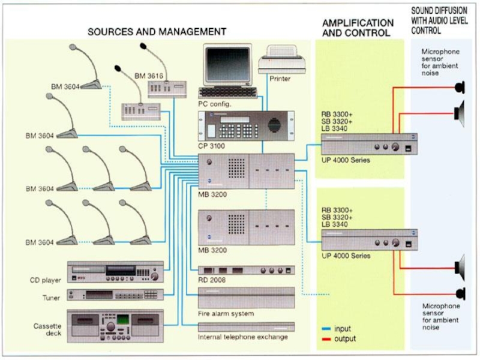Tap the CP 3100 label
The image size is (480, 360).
point(209,146)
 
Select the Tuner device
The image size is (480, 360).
point(115,295)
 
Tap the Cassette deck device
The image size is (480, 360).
point(115,326)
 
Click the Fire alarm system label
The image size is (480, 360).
point(226,313)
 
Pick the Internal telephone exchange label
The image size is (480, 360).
point(242,337)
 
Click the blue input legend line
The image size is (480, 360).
point(326,329)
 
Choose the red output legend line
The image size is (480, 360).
point(326,339)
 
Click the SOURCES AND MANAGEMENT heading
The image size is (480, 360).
point(157,31)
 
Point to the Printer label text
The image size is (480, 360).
point(280,79)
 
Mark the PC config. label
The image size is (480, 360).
point(215,103)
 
